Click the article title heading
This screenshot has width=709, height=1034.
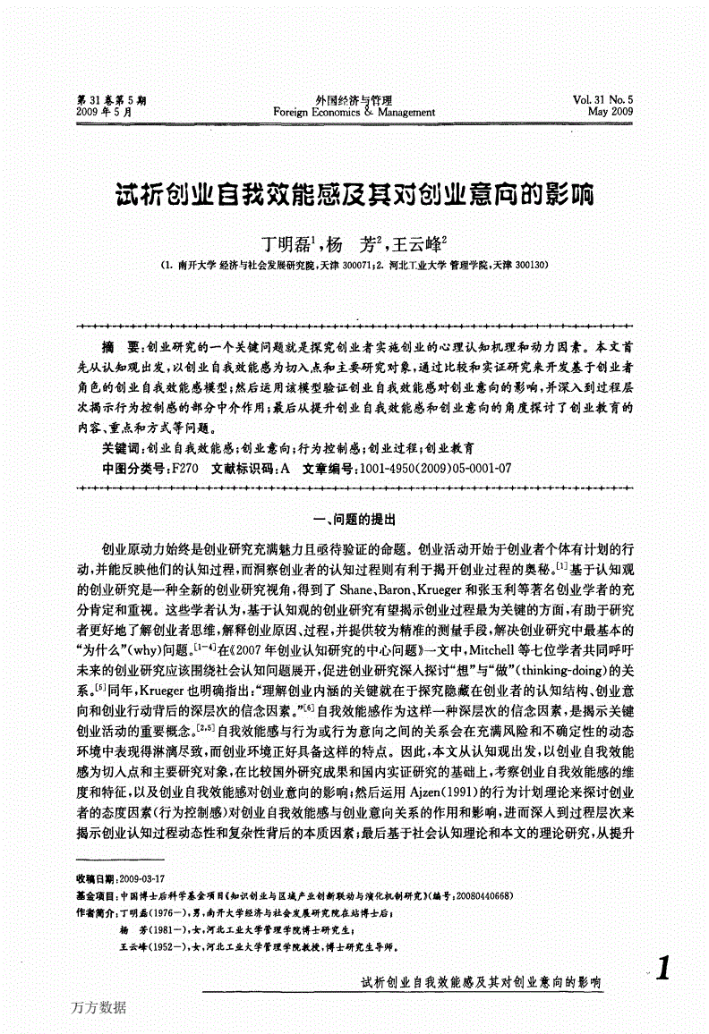tap(355, 194)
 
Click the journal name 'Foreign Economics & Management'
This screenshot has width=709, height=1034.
tap(354, 113)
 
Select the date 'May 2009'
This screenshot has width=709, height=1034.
tap(610, 113)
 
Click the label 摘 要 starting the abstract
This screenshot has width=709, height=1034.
tap(121, 345)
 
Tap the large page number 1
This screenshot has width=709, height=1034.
tap(663, 970)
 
